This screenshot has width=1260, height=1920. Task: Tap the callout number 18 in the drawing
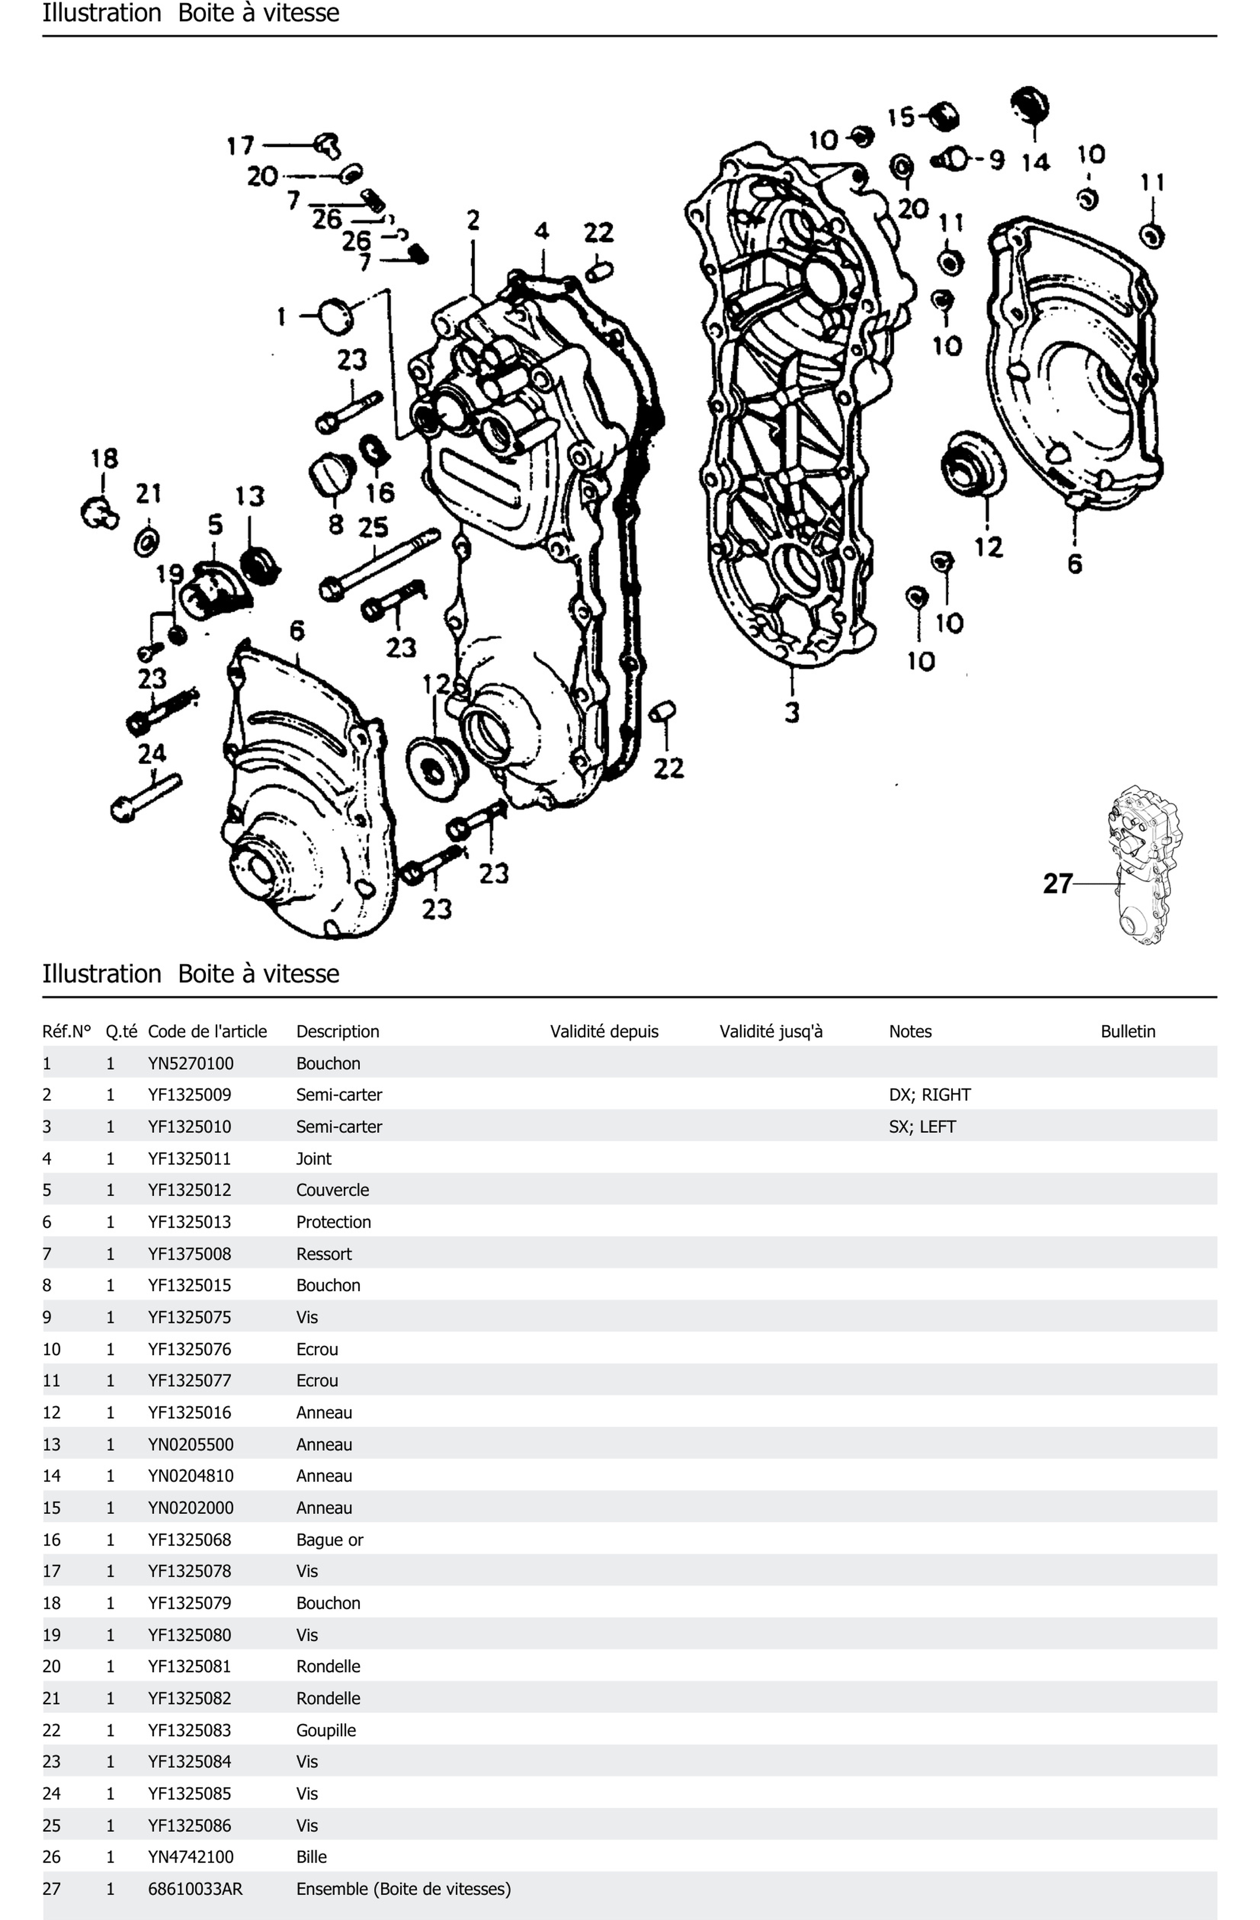click(x=104, y=458)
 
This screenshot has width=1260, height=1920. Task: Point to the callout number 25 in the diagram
click(x=373, y=527)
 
